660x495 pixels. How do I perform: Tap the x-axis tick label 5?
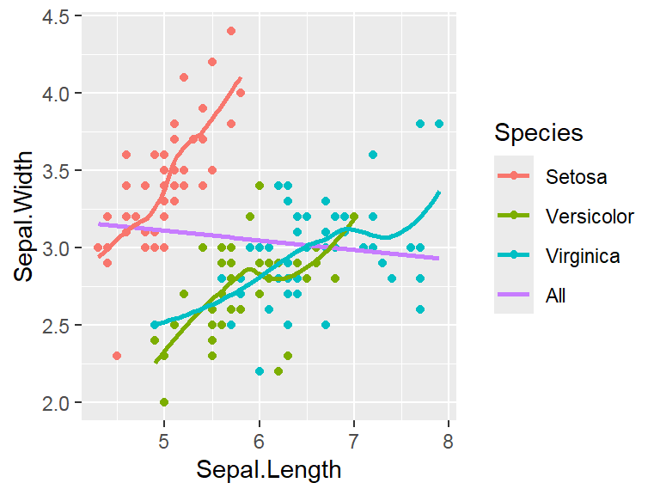pos(164,443)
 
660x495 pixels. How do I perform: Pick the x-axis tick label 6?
pos(259,443)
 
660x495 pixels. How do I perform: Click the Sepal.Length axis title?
pos(269,470)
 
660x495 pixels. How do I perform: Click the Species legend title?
pos(539,133)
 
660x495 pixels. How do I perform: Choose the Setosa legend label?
pos(576,178)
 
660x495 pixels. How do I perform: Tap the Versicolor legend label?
pos(590,216)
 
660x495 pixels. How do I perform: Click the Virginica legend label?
pos(583,255)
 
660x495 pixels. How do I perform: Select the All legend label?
pos(556,296)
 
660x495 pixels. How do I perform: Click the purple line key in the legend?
pos(514,296)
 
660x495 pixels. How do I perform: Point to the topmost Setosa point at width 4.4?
pos(231,31)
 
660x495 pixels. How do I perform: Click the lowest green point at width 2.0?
pos(164,402)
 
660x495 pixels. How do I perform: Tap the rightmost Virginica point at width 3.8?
pos(439,124)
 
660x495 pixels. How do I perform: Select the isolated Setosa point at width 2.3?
pos(117,356)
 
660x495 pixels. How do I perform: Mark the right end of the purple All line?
pos(438,258)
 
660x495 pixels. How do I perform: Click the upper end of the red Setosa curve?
pos(241,77)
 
